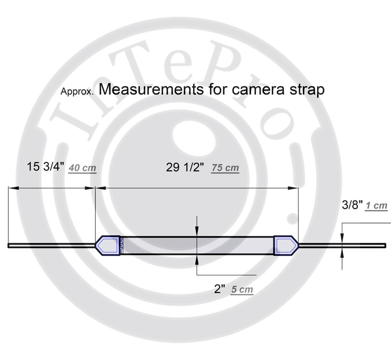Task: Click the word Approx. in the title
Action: [77, 92]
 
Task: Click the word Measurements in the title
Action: [151, 89]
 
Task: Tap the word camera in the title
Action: [258, 90]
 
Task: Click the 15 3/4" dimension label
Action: [45, 166]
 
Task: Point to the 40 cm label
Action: [83, 168]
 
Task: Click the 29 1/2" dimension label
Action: [185, 167]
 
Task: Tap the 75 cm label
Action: [226, 168]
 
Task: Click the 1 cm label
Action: [377, 206]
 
